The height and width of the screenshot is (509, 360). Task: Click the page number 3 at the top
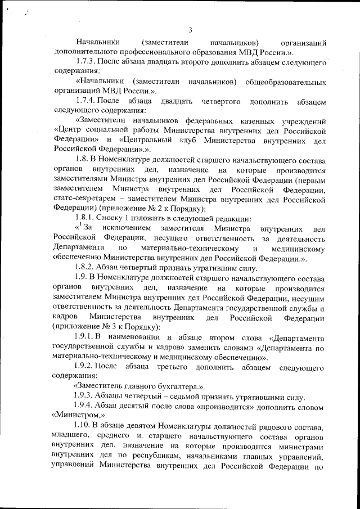(191, 30)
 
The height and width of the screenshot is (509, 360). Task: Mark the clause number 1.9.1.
(85, 336)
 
